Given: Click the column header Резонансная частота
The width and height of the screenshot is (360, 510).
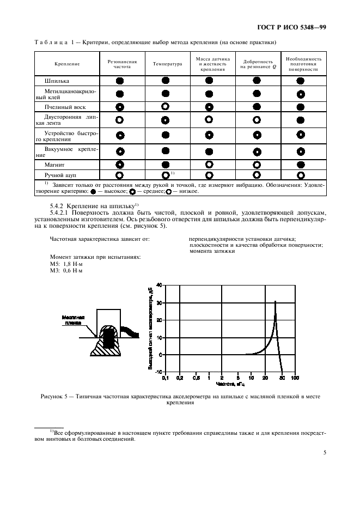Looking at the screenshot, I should (119, 64).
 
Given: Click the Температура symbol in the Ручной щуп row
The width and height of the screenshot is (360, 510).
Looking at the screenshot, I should (166, 175).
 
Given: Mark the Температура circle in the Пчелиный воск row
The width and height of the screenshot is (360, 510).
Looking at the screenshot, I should (166, 107).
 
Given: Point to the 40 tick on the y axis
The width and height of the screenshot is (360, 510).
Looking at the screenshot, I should (158, 285).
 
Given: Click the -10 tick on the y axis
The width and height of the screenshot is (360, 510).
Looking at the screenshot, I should (158, 372).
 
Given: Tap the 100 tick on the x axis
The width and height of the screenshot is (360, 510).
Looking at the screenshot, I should (294, 378).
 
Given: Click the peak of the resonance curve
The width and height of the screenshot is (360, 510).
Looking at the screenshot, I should (275, 301).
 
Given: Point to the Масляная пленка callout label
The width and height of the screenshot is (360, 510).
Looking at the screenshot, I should (71, 319).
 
